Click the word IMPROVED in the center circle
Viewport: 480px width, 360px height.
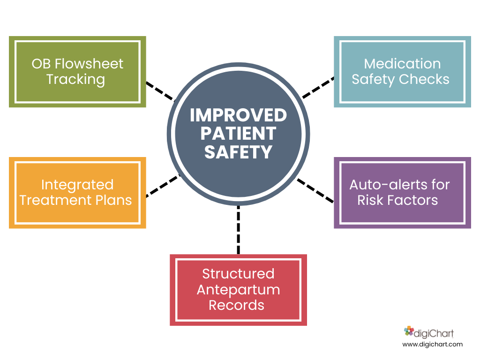tap(238, 115)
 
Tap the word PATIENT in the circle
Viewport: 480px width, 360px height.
tap(238, 134)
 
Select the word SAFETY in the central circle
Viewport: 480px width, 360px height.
tap(238, 152)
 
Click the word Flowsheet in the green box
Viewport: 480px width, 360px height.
tap(89, 64)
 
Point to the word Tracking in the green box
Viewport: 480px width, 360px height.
tap(75, 80)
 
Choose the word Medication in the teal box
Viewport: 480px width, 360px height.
tap(402, 64)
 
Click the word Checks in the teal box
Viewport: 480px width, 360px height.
tap(424, 79)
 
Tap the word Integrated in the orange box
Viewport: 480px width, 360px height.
tap(77, 185)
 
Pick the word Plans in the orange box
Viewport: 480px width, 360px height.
tap(113, 200)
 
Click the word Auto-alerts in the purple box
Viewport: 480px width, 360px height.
tap(385, 185)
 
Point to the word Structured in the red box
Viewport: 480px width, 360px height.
tap(238, 274)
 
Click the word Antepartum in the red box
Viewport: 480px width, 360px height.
tap(238, 290)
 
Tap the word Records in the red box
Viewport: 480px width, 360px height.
tap(236, 305)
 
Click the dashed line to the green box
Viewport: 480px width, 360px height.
tap(160, 91)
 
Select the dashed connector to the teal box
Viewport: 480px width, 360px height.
tap(318, 88)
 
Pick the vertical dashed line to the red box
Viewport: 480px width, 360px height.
tap(239, 230)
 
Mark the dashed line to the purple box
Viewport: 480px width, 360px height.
tap(315, 191)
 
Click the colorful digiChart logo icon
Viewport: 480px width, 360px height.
tap(409, 331)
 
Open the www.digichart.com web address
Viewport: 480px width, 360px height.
tap(432, 345)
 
